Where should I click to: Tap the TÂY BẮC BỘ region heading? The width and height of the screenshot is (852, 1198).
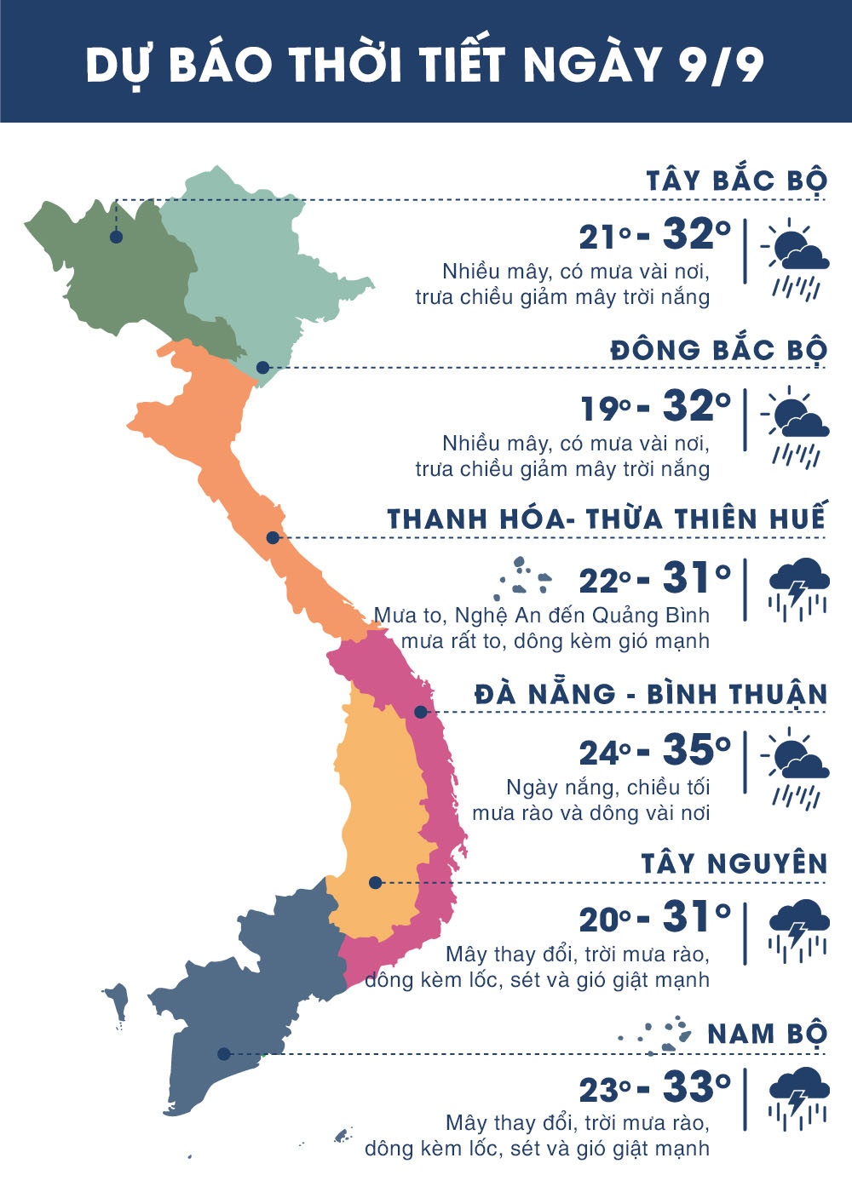pos(736,181)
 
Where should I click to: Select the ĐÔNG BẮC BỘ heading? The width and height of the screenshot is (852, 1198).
pos(718,350)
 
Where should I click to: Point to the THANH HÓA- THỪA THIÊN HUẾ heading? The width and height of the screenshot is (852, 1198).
pos(607,519)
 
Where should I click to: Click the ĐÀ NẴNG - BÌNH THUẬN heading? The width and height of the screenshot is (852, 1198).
pos(651,694)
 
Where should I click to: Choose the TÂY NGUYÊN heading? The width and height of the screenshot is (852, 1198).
pos(734,863)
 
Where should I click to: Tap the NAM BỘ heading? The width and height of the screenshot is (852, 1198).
pos(767,1034)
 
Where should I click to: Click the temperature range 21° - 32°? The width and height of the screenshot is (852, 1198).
pos(654,234)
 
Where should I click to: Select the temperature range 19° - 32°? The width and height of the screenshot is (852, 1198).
pos(654,406)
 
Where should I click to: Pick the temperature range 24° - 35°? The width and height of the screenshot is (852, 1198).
pos(654,750)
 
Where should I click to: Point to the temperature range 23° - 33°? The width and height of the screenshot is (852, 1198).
pos(654,1087)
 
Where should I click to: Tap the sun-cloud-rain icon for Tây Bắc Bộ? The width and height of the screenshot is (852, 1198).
pos(796,259)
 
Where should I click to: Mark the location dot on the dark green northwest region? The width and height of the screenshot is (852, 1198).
pos(116,237)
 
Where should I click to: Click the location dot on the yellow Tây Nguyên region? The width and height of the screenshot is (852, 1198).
pos(375,882)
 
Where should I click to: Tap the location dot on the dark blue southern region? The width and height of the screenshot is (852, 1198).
pos(223,1053)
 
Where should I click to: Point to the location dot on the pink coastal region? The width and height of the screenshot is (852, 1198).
pos(420,711)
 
